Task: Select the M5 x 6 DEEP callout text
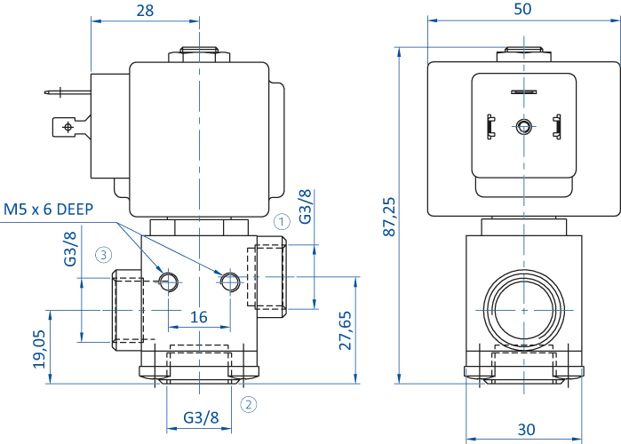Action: (x=51, y=209)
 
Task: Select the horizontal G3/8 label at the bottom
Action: (x=203, y=414)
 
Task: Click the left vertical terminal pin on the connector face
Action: (x=491, y=125)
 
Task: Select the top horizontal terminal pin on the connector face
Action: (x=522, y=91)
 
